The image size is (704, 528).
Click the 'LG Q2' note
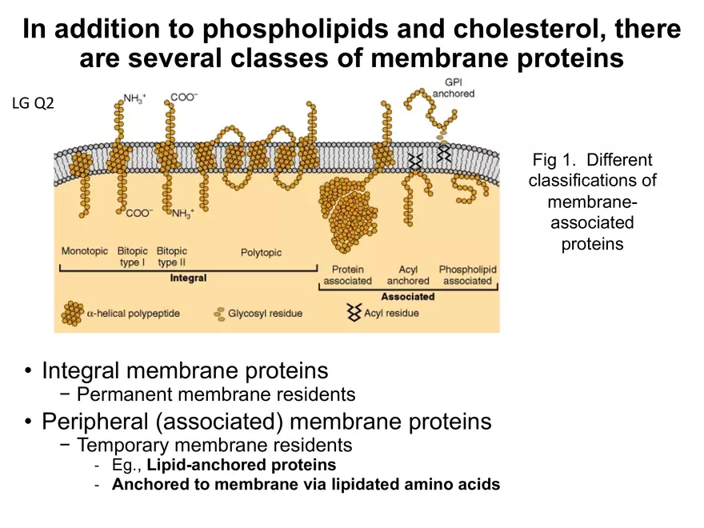click(x=34, y=103)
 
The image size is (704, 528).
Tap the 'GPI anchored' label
click(x=454, y=88)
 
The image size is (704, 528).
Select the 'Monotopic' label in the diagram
click(x=85, y=251)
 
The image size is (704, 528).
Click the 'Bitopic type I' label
click(x=133, y=257)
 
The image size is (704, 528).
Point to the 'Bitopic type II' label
click(x=172, y=257)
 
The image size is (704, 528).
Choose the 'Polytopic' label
click(x=261, y=253)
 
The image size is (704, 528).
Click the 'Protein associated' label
click(x=347, y=275)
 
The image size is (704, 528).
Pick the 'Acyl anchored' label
click(x=408, y=275)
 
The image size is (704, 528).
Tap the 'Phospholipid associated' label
click(x=467, y=275)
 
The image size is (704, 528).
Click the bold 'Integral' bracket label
click(x=189, y=278)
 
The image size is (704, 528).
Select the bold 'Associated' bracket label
click(x=407, y=297)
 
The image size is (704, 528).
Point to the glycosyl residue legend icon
click(x=218, y=314)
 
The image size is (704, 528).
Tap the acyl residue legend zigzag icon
click(x=353, y=313)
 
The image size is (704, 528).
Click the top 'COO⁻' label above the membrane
click(x=184, y=98)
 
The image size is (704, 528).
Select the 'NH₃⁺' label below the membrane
click(x=186, y=214)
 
